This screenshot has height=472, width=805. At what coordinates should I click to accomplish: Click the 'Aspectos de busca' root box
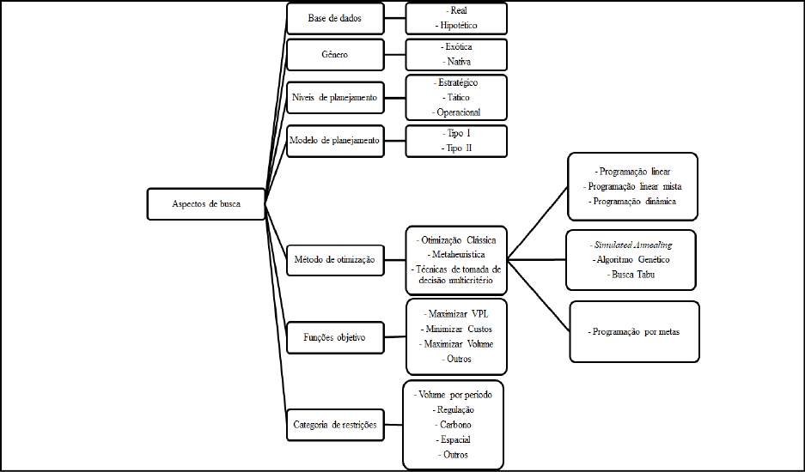[205, 204]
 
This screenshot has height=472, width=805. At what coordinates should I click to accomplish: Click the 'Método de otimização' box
[334, 259]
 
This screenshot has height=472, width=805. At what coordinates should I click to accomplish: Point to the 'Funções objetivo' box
[334, 338]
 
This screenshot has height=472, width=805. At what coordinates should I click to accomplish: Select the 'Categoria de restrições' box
[334, 424]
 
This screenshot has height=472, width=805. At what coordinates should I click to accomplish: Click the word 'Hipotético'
[457, 26]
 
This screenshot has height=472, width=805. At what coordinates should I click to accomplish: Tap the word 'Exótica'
[457, 46]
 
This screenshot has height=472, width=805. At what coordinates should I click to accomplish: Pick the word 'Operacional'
[457, 112]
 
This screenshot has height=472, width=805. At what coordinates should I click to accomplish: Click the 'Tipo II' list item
[457, 148]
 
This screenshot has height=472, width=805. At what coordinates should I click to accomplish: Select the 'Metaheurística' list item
[457, 254]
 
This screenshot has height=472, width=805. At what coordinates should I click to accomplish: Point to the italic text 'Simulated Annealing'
[631, 244]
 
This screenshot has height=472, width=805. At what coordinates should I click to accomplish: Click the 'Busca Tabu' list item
[631, 275]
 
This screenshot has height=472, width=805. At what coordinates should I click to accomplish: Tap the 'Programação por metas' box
[635, 331]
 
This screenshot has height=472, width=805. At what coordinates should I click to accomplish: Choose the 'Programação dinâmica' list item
[633, 201]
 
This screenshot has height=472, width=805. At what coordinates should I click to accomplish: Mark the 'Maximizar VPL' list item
[457, 313]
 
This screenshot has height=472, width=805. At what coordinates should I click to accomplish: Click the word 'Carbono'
[454, 425]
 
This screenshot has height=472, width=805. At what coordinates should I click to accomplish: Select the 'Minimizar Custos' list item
[457, 329]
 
